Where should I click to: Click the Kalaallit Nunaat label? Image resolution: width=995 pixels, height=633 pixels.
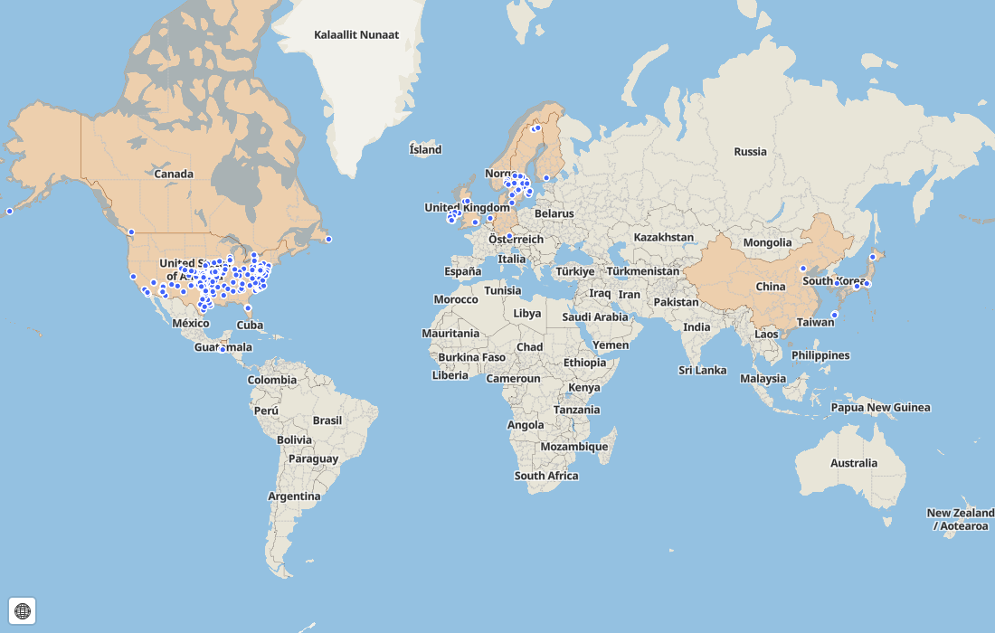tap(356, 34)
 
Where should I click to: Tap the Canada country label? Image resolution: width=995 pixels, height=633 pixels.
tap(174, 174)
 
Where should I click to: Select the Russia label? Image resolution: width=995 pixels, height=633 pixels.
tap(750, 152)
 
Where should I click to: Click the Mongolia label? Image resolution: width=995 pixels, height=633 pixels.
tap(767, 242)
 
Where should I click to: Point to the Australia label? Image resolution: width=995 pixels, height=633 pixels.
tap(854, 463)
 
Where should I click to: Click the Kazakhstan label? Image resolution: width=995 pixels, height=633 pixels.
tap(664, 237)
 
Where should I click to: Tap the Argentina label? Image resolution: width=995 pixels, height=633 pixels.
tap(294, 496)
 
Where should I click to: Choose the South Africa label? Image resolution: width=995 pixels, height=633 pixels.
tap(545, 476)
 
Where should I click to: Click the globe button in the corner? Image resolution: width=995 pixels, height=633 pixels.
tap(23, 611)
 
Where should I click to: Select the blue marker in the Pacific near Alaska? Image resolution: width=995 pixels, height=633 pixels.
tap(10, 212)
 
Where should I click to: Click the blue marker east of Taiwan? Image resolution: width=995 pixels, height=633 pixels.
tap(835, 315)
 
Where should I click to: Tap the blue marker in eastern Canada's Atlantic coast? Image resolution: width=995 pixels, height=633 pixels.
tap(328, 240)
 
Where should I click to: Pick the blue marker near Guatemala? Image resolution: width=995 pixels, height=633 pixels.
tap(223, 349)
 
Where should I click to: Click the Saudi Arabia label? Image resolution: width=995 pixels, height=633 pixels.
tap(594, 316)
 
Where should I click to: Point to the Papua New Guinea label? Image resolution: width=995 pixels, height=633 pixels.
tap(880, 407)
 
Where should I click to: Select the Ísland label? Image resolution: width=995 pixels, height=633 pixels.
tap(425, 149)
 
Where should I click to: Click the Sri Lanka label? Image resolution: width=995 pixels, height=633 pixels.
tap(703, 370)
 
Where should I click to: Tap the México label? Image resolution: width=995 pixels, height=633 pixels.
tap(190, 323)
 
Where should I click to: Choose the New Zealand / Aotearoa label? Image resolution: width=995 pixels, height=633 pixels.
tap(960, 519)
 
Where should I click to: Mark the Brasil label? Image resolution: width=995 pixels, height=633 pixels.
tap(327, 420)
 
